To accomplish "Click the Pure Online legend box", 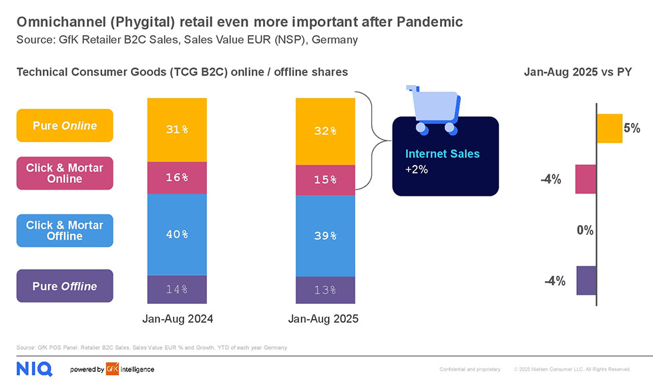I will click(x=65, y=126).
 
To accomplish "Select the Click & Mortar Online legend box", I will click(x=65, y=173).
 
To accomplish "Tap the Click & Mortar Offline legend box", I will click(x=65, y=230).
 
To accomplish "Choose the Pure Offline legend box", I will click(x=65, y=286).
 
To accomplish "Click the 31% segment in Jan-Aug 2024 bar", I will click(x=177, y=130).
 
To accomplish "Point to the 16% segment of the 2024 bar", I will click(x=177, y=178).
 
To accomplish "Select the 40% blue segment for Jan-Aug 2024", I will click(x=177, y=234).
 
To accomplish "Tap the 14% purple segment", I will click(x=177, y=289).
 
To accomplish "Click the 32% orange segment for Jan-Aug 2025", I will click(x=325, y=131).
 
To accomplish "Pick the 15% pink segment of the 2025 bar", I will click(x=325, y=180).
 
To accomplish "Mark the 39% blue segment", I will click(x=325, y=236).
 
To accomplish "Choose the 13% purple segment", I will click(x=325, y=290).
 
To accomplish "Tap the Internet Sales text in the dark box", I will click(x=442, y=154).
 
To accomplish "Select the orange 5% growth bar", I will click(x=609, y=128).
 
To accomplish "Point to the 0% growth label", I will click(x=585, y=230).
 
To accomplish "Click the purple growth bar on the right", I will click(x=586, y=280).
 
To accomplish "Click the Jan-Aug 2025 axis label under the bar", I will click(x=323, y=319).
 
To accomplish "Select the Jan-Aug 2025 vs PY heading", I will click(x=578, y=72).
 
